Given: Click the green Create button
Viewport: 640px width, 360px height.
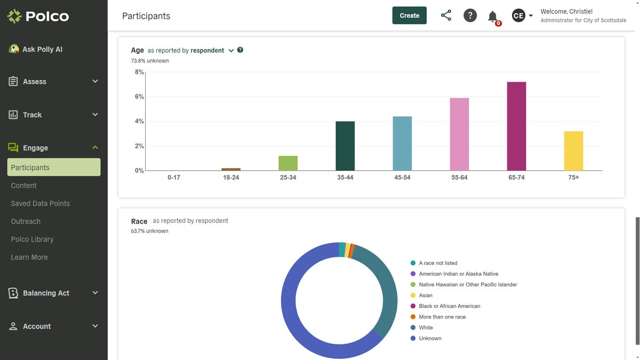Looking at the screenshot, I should pos(409,15).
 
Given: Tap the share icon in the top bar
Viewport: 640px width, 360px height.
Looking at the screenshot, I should pos(446,15).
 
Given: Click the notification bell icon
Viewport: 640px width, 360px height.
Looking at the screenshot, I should pos(493,17).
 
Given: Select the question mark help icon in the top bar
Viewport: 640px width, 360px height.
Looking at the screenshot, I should pos(470,15).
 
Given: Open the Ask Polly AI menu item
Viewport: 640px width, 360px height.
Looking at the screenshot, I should pos(42,49).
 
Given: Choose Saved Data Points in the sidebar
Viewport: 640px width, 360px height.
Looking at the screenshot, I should pos(40,203).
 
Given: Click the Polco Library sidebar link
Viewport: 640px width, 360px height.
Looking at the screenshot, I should pos(32,239).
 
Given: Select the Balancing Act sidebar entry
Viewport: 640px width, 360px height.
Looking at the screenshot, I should pos(46,293).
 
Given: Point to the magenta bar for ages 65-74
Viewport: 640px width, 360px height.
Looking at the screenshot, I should pos(516,126).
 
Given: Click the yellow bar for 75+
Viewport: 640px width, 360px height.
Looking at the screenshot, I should pos(573,151).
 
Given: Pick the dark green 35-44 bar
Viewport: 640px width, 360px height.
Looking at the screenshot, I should pos(345,146).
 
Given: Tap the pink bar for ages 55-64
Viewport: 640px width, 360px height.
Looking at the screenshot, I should pos(459,134).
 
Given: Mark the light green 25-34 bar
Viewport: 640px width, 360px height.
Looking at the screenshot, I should pos(288,163).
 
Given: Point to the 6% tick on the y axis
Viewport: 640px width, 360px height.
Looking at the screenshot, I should pos(139,97).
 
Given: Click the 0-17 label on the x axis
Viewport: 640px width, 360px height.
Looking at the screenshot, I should pos(174,177).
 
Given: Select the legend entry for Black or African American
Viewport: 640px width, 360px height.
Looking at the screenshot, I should pos(449,306).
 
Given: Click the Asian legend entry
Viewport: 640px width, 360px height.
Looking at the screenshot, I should pos(426,295).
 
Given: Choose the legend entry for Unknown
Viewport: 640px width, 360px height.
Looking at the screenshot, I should pos(430,338).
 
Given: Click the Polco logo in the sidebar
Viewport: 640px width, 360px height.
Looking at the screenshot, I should pos(38,17).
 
